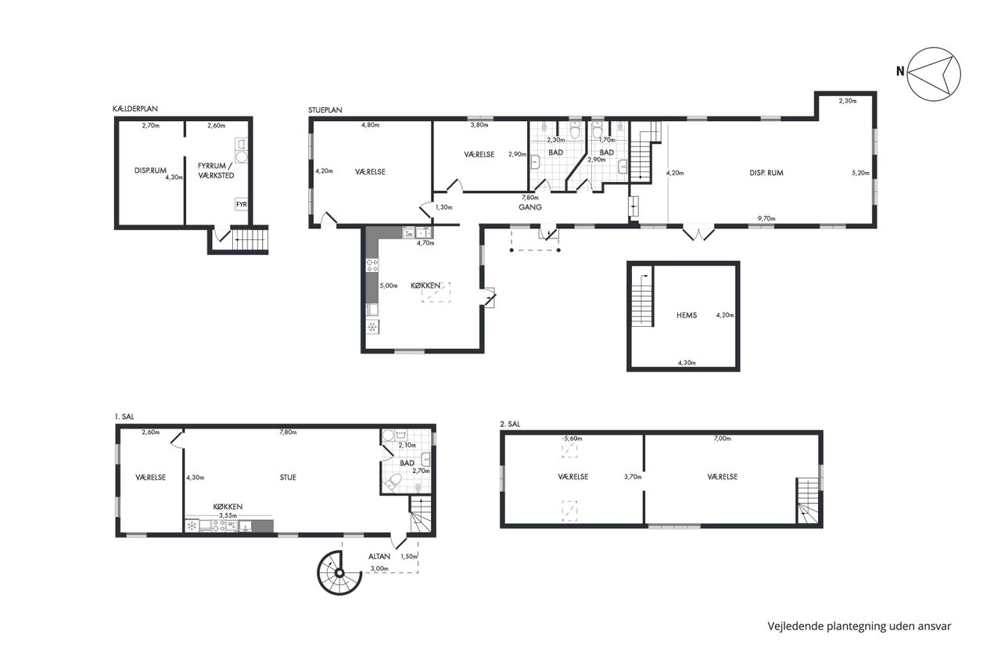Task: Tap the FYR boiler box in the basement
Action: [x=242, y=205]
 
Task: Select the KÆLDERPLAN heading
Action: [x=135, y=109]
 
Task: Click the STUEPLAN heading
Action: [x=325, y=110]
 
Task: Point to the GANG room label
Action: [x=530, y=207]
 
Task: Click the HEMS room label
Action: [x=687, y=315]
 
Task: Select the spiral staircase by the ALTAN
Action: [x=339, y=572]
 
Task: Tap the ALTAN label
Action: [x=379, y=557]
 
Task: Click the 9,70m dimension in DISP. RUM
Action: [x=766, y=218]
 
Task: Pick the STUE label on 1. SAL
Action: [x=288, y=478]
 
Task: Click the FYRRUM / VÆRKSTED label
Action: [x=216, y=170]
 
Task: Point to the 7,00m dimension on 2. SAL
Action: [x=722, y=439]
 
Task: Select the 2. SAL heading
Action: [x=510, y=424]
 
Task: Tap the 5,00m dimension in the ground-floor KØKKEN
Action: [x=389, y=286]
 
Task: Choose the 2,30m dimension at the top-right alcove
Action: [x=847, y=101]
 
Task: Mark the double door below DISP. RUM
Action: [x=698, y=234]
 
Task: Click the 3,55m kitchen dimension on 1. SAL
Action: [x=228, y=515]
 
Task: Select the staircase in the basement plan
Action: [x=249, y=240]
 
